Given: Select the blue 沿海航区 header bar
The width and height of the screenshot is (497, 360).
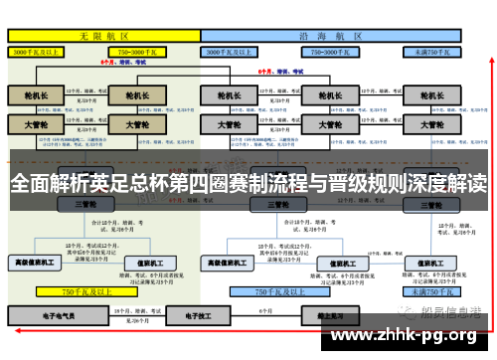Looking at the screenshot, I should (x=329, y=34).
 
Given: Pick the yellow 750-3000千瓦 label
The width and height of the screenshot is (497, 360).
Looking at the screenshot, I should (x=140, y=50).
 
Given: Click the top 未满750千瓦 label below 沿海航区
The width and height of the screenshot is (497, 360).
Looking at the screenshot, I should (x=431, y=50).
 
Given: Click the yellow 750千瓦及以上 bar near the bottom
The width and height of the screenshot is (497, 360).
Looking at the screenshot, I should (x=84, y=292).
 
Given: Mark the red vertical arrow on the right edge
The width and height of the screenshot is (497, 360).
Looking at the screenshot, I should (x=489, y=179).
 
